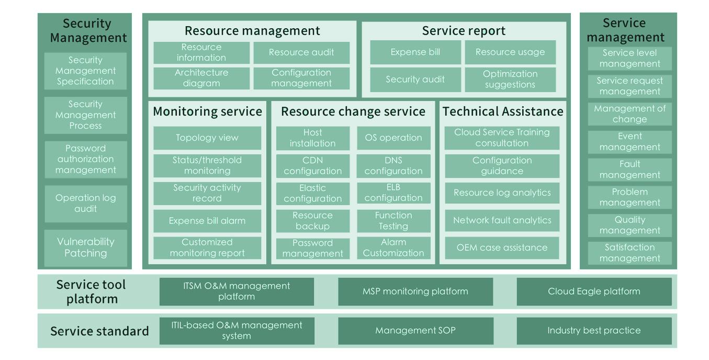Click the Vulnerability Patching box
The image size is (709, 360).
point(85,248)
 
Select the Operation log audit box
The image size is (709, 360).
point(85,204)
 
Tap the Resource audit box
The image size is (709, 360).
point(301,52)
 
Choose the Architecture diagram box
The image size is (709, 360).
point(201,78)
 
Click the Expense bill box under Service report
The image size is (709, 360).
point(415,52)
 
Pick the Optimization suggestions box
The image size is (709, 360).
point(510,79)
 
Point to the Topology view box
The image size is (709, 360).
point(207,138)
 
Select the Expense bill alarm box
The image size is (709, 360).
point(207,221)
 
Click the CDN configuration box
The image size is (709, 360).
point(313,165)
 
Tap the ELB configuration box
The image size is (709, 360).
point(393,193)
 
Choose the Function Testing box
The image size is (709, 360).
point(393,221)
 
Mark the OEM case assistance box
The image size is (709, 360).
point(502,248)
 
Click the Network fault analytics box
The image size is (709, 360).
point(502,220)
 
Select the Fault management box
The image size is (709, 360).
point(630,170)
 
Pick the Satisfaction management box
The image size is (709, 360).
point(630,253)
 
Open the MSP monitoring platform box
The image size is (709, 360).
point(415,291)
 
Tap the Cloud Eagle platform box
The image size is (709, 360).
point(594,291)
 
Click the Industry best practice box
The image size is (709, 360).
point(594,331)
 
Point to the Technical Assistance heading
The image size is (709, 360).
point(503,111)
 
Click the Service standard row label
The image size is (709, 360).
point(99,331)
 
